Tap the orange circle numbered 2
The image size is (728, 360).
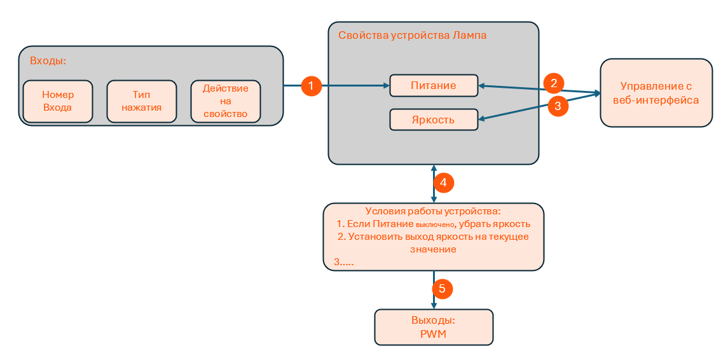554,83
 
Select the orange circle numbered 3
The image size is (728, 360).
558,106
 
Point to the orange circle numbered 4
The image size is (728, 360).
443,183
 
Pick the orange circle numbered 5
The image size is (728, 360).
442,289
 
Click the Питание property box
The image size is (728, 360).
433,86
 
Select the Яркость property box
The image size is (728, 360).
433,120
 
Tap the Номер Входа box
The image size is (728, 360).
58,101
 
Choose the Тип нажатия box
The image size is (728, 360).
142,101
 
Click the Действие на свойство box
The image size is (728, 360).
226,101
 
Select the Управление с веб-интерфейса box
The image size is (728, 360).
656,93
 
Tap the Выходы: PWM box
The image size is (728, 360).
433,327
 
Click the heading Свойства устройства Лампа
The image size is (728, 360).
412,36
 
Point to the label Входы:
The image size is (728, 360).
48,61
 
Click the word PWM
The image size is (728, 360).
433,334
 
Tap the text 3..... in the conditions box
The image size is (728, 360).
343,262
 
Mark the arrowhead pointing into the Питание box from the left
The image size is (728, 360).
385,86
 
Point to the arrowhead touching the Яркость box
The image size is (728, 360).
481,119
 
